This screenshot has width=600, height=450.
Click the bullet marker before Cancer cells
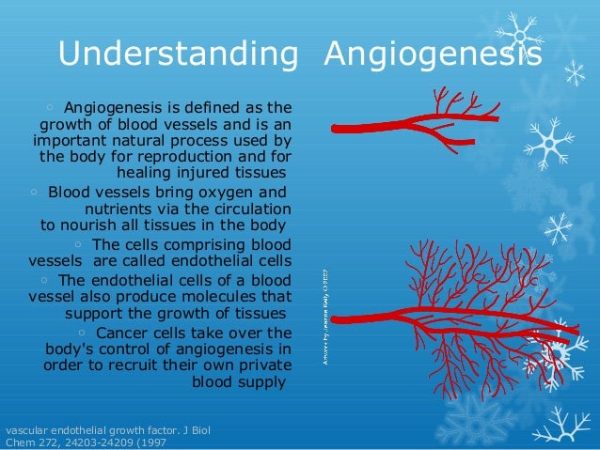click(83, 333)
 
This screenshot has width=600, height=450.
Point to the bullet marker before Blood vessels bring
click(34, 191)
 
